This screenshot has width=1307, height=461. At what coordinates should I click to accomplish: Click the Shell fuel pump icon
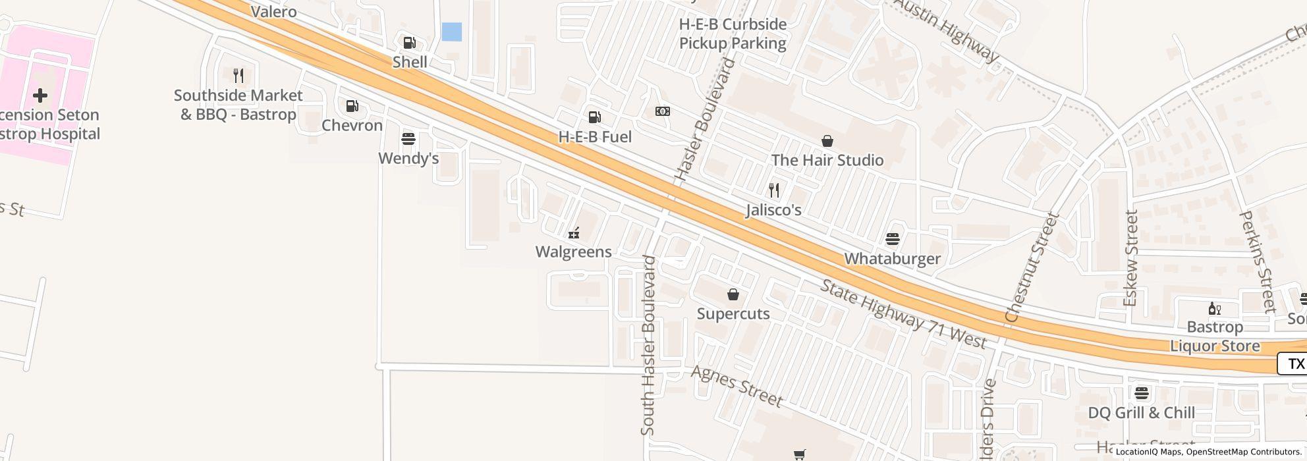click(409, 43)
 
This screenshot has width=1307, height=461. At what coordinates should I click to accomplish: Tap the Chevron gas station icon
click(352, 106)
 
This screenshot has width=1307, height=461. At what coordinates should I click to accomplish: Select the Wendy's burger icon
click(408, 139)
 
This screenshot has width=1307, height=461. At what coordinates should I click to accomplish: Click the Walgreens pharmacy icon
click(574, 232)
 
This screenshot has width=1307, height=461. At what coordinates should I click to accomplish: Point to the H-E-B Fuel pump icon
click(594, 117)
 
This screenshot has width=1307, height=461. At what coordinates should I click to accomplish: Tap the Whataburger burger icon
click(893, 238)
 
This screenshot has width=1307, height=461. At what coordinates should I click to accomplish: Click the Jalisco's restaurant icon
click(774, 190)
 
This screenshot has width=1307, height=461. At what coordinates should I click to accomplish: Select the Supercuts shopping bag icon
click(733, 294)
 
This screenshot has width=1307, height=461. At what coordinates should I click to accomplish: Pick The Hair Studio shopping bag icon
click(827, 141)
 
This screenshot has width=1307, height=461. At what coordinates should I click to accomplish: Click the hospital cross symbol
click(40, 95)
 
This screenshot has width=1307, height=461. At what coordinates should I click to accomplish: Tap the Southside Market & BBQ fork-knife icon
click(238, 76)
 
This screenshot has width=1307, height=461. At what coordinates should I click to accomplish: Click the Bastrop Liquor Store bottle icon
click(1214, 308)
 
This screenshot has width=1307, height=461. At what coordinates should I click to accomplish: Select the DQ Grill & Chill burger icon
click(1142, 393)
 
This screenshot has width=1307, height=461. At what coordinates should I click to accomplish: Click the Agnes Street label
click(737, 386)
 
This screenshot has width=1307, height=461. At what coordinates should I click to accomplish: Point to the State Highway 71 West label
click(903, 314)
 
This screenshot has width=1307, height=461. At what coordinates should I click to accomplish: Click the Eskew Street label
click(1130, 258)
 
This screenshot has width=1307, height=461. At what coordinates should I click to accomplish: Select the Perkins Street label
click(1258, 261)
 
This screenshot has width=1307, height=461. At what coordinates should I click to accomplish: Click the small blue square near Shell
click(451, 32)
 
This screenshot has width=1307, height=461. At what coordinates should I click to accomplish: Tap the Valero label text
click(274, 12)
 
